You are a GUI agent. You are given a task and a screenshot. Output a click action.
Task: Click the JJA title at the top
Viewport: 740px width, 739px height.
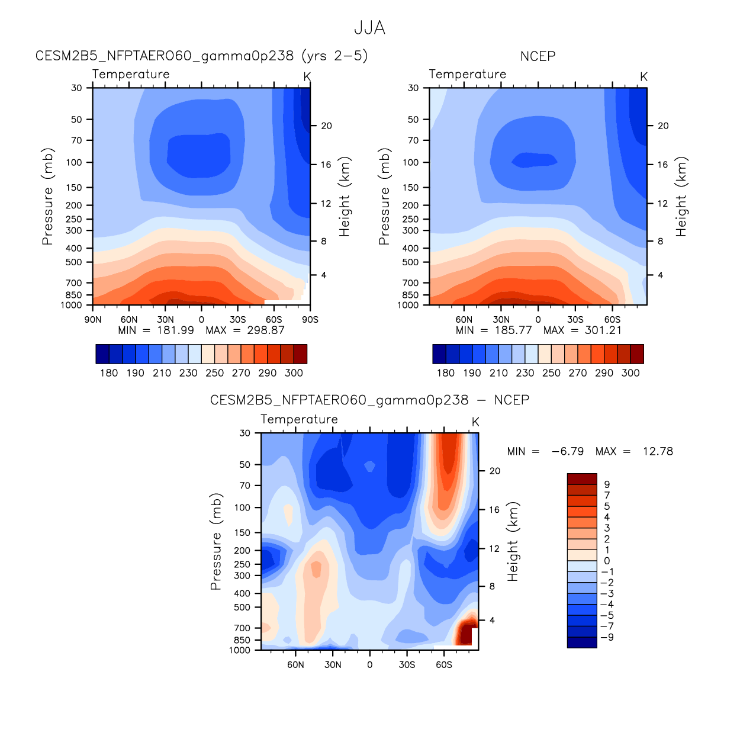(369, 28)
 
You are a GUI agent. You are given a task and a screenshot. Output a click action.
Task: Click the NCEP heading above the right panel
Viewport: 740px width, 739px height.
(538, 56)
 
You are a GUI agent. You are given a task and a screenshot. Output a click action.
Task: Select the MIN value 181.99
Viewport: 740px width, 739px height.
(175, 330)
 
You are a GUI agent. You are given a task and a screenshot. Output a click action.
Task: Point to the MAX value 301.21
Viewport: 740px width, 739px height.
(603, 330)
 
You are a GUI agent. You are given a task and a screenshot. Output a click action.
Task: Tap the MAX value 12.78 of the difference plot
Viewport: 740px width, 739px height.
(658, 451)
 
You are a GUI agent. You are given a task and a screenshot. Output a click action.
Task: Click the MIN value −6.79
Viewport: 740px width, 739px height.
(567, 451)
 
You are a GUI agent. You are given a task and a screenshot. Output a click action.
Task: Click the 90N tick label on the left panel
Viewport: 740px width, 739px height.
(93, 320)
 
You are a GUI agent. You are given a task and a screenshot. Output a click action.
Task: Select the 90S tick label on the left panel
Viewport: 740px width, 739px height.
(310, 320)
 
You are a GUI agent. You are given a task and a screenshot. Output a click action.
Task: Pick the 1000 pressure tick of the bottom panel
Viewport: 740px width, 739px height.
(240, 650)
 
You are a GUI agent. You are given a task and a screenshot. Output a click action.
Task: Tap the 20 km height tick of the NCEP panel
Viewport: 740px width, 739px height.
(663, 126)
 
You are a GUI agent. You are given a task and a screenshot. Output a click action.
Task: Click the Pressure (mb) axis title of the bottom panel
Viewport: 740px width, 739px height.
(216, 541)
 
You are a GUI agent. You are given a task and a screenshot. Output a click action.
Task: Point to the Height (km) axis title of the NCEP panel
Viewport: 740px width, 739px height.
(681, 197)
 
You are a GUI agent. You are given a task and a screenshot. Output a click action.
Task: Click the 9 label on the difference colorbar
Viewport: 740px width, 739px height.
(607, 484)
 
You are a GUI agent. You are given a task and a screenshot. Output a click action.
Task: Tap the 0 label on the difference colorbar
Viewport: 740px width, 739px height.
(607, 561)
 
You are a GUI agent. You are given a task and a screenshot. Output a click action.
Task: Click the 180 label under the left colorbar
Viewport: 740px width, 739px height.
(109, 373)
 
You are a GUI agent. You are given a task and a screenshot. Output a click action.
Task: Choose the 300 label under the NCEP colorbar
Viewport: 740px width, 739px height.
(630, 373)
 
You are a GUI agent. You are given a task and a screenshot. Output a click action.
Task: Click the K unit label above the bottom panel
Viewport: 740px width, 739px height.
(475, 422)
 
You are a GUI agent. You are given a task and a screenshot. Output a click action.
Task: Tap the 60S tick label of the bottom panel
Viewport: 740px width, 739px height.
(444, 665)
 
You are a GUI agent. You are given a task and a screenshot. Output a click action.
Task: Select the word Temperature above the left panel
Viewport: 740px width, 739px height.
(131, 74)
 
